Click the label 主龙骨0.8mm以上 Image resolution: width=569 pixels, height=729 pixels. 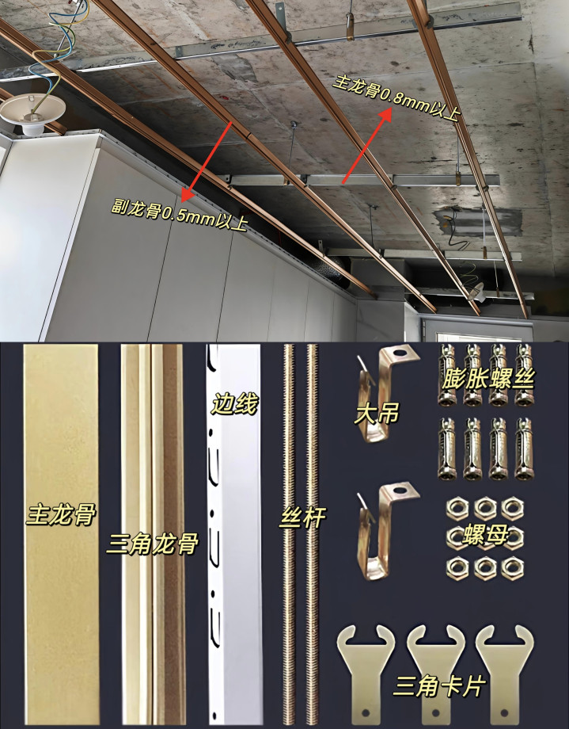pos(396,97)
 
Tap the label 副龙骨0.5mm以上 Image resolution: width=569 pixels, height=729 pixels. pos(180,214)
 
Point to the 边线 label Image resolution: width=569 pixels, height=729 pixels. pos(234,403)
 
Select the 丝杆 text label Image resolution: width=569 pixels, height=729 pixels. pos(302,517)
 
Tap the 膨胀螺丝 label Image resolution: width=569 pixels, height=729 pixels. pos(487,379)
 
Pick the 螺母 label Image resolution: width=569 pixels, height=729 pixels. pos(485,535)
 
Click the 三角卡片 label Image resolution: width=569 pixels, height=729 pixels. pos(439,686)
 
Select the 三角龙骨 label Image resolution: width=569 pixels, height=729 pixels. pos(153,543)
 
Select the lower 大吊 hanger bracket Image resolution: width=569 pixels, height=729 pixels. pos(387,532)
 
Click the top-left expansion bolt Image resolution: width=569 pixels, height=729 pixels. pos(447,375)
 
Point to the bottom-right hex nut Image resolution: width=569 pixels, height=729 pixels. pos(512,567)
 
